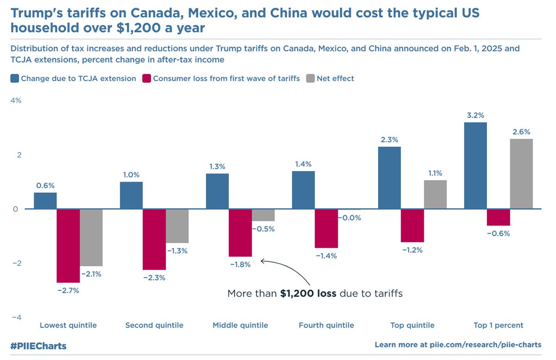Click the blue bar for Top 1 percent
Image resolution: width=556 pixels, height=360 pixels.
pyautogui.click(x=475, y=165)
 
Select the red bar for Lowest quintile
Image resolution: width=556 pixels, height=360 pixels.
pyautogui.click(x=68, y=246)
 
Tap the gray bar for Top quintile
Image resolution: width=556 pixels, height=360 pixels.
pyautogui.click(x=435, y=195)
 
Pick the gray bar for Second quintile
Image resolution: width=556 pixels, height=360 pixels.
pyautogui.click(x=177, y=226)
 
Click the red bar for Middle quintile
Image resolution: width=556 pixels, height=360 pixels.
pyautogui.click(x=240, y=233)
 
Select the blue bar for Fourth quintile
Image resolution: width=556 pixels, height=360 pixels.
pyautogui.click(x=303, y=190)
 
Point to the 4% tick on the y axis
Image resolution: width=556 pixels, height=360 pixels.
pyautogui.click(x=16, y=101)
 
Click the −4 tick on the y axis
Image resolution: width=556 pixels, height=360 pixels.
pyautogui.click(x=16, y=317)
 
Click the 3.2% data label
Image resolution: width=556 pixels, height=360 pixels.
pyautogui.click(x=475, y=115)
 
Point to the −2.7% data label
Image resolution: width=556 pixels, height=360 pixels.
pyautogui.click(x=68, y=291)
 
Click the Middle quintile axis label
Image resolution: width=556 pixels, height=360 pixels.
pyautogui.click(x=240, y=325)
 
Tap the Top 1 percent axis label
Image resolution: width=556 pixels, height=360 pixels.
pyautogui.click(x=498, y=325)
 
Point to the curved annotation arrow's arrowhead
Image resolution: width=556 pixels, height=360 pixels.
pyautogui.click(x=262, y=261)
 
